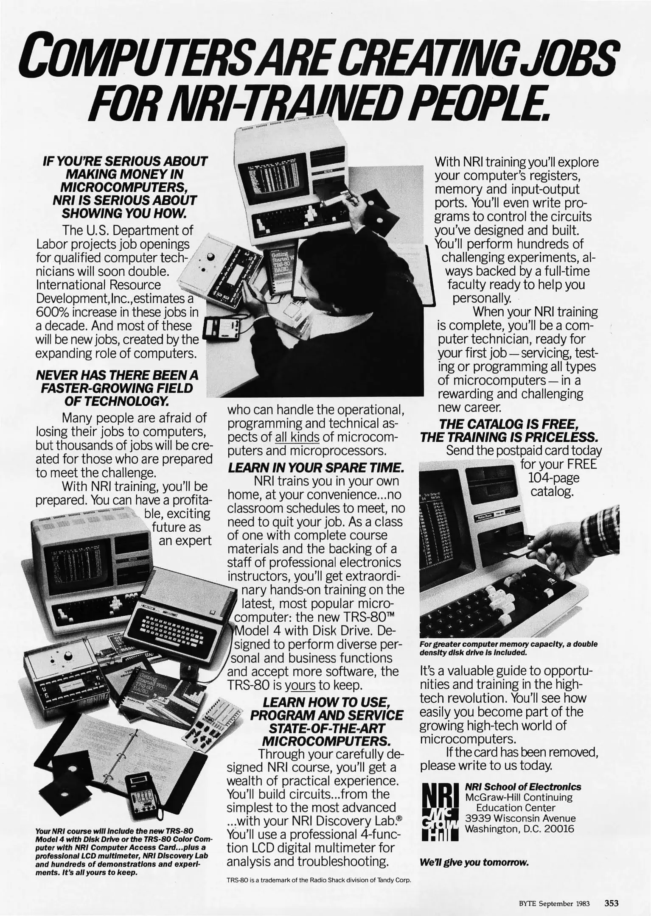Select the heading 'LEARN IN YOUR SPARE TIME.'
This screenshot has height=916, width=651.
click(315, 468)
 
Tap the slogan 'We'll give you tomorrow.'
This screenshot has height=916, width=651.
click(474, 862)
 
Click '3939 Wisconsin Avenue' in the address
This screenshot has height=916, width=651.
click(520, 818)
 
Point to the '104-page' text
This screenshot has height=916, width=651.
click(553, 478)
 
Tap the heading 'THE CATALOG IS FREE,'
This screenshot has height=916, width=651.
click(508, 424)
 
